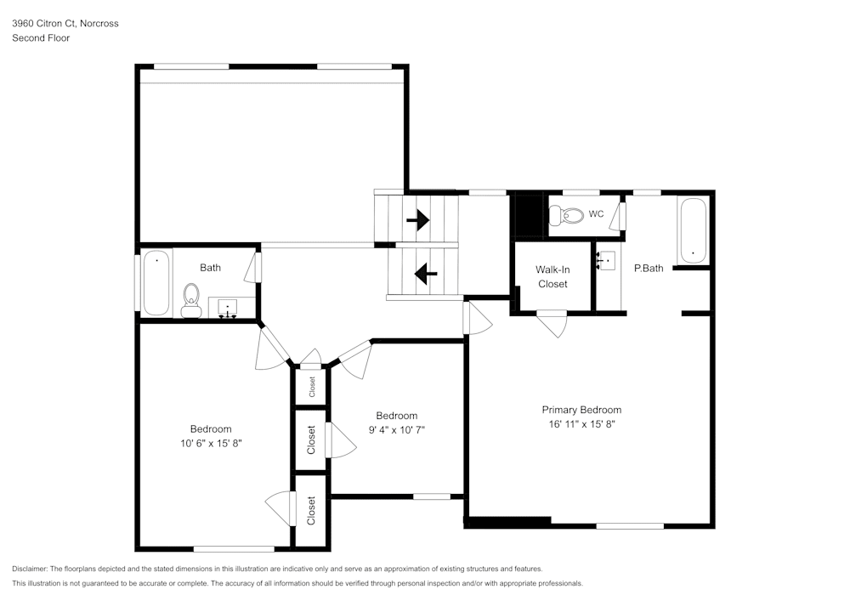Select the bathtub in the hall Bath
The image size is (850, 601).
[156, 282]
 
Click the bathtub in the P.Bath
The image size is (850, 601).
[693, 230]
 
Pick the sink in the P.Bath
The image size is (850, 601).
[606, 261]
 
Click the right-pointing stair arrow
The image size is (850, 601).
[417, 221]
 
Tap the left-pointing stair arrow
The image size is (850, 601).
[425, 274]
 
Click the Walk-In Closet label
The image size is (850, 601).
[552, 276]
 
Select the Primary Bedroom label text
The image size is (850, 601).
[581, 409]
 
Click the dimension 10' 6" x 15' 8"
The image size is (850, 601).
[210, 443]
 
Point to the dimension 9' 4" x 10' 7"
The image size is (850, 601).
[396, 429]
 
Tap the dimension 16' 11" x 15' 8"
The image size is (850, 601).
[581, 423]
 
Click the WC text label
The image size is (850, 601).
[596, 214]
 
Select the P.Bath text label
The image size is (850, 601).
[649, 268]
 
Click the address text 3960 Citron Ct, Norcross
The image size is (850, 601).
[65, 24]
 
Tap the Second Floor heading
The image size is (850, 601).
[41, 38]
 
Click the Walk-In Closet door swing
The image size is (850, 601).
[553, 325]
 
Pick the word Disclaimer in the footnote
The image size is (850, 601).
[30, 569]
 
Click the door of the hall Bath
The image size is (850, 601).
[251, 269]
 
